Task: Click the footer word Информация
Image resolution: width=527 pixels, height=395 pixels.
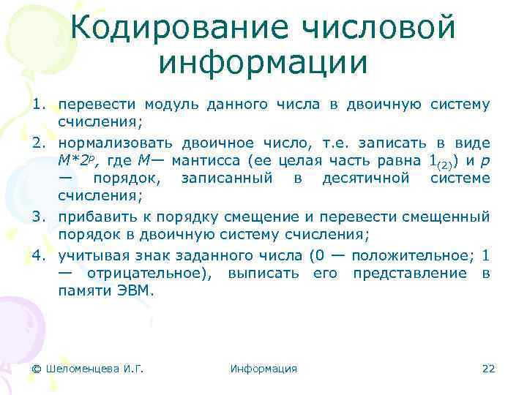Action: coord(263,369)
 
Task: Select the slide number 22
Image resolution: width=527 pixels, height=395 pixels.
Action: coord(488,369)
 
